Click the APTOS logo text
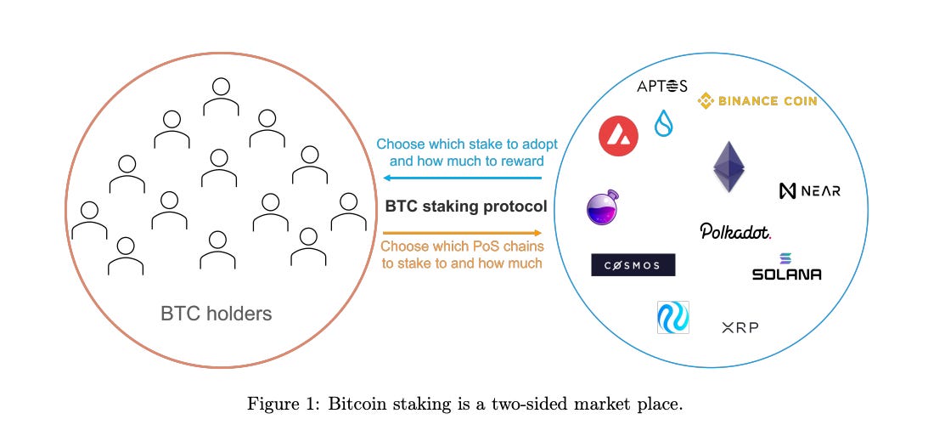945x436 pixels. tap(662, 86)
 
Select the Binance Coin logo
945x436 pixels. tap(757, 101)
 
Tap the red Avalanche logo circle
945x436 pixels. tap(618, 136)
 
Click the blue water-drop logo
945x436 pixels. tap(663, 124)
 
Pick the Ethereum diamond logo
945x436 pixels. tap(728, 166)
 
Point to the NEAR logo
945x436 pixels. tap(809, 190)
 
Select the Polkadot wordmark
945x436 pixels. tap(735, 231)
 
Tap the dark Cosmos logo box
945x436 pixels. tap(633, 265)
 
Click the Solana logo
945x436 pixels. tap(786, 268)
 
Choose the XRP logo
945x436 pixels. tap(739, 327)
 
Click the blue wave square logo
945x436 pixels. tap(673, 318)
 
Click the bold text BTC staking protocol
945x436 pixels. tap(466, 206)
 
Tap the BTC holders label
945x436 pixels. tap(216, 314)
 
